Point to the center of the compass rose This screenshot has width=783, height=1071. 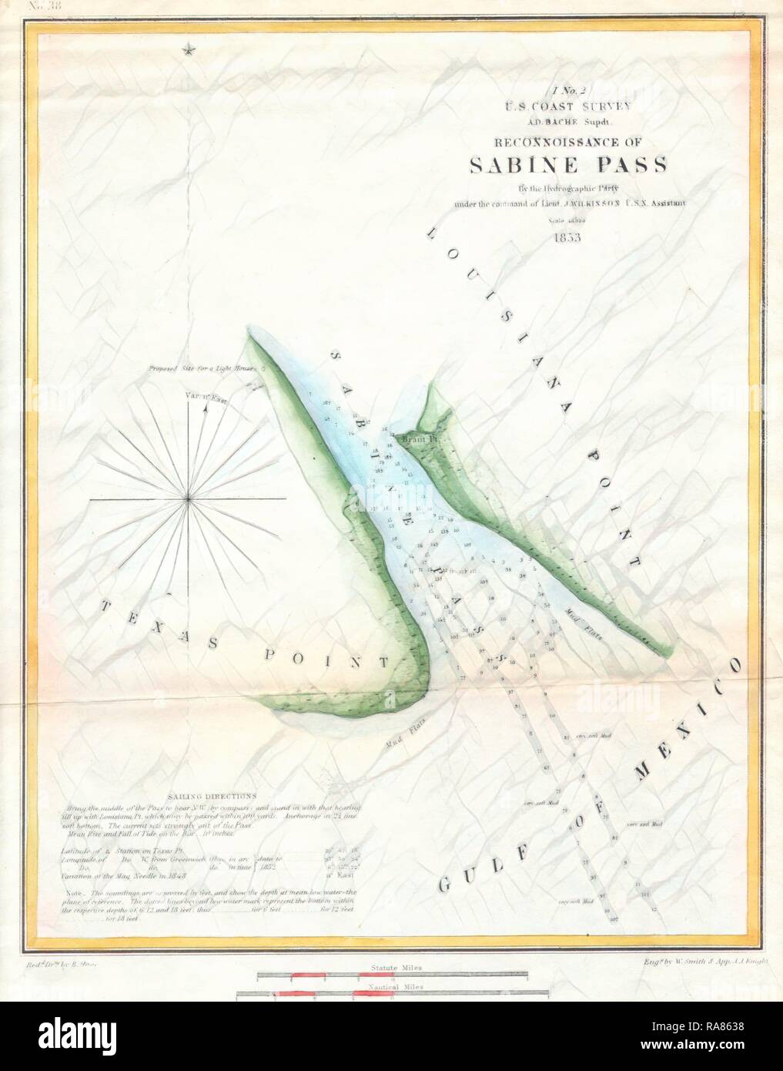click(189, 501)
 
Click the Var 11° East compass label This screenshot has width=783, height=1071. click(204, 398)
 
